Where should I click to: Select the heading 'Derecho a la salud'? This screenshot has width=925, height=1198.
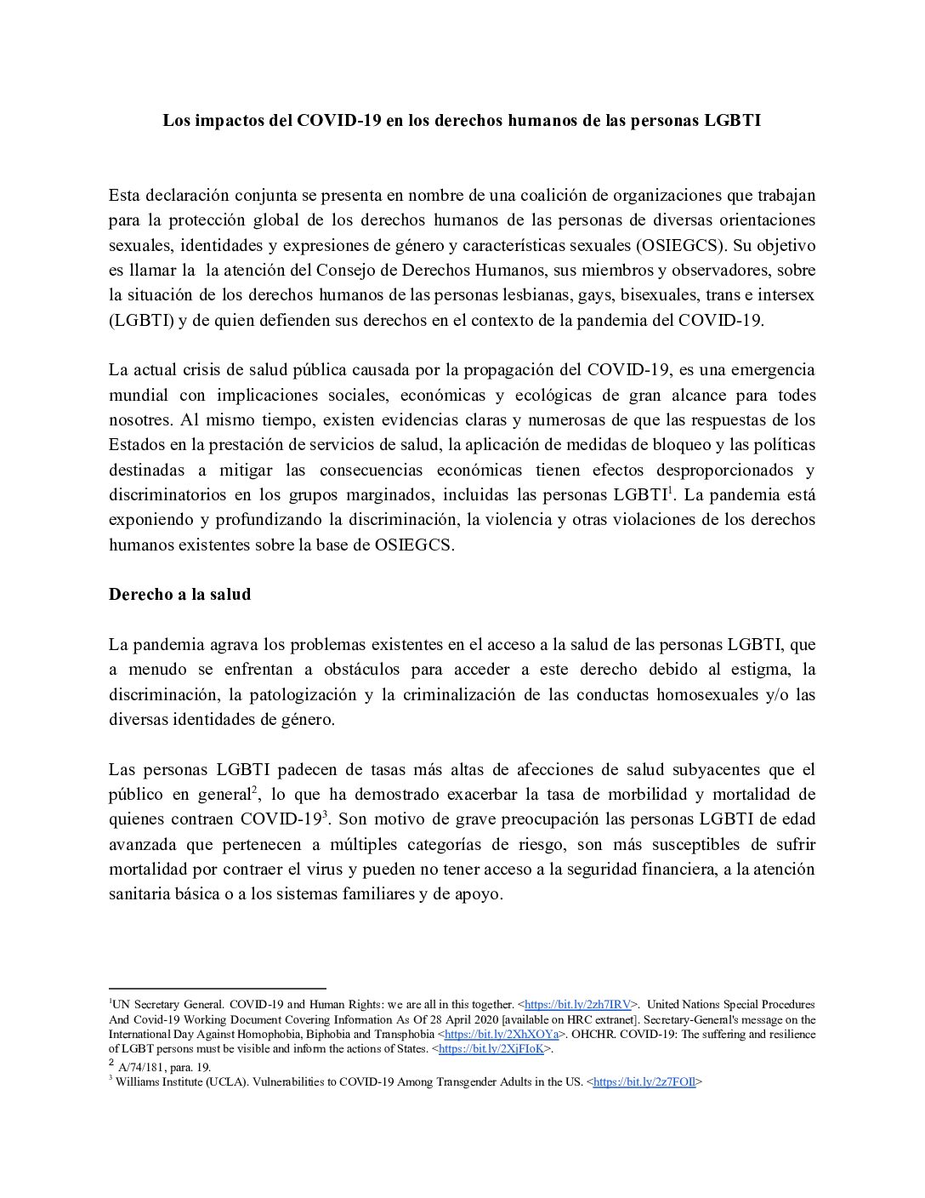[x=179, y=595]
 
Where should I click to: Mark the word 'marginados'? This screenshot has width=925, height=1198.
[x=379, y=495]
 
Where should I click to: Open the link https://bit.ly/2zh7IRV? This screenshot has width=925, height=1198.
[x=577, y=1005]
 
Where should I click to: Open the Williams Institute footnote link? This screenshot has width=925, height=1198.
[x=644, y=1082]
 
